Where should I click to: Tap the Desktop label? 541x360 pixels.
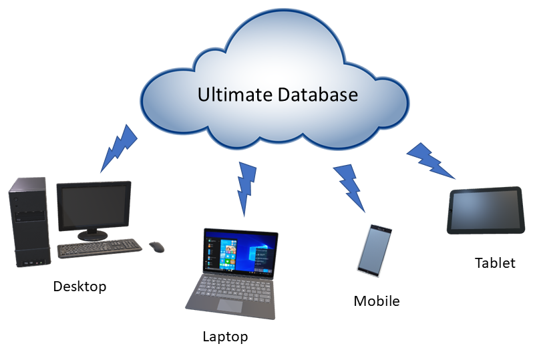(x=79, y=287)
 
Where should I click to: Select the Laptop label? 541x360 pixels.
(x=225, y=337)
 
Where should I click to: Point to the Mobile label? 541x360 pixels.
(x=377, y=301)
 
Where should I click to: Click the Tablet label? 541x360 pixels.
(x=495, y=262)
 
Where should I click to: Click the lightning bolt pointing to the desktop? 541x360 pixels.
(x=118, y=148)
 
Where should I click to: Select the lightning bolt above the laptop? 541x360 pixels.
(x=246, y=187)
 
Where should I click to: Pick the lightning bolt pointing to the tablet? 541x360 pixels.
(x=431, y=160)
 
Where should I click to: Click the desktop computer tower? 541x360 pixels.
(x=29, y=222)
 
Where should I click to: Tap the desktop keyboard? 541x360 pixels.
(x=100, y=248)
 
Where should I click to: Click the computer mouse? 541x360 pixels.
(x=156, y=247)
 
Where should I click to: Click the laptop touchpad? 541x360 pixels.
(x=230, y=306)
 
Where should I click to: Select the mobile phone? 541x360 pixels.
(x=375, y=250)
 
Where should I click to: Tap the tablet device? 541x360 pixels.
(x=484, y=210)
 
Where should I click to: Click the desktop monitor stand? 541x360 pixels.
(x=93, y=234)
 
